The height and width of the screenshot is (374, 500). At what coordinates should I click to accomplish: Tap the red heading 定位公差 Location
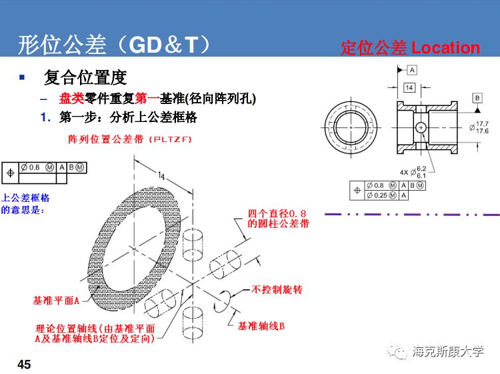(x=410, y=48)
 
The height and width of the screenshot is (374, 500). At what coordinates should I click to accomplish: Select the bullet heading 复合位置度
(x=85, y=78)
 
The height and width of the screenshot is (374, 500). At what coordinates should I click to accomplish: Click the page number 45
(x=24, y=365)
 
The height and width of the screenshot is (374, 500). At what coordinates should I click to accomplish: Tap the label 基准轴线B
(x=261, y=326)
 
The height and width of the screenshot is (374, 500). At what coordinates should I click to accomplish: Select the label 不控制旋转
(x=277, y=290)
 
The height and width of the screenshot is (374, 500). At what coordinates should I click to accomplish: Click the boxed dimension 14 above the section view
(x=409, y=87)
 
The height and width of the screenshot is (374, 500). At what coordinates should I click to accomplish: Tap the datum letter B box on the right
(x=477, y=97)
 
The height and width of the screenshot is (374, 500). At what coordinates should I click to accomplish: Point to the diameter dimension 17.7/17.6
(x=479, y=127)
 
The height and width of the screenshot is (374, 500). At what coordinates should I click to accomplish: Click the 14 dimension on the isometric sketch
(x=161, y=175)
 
